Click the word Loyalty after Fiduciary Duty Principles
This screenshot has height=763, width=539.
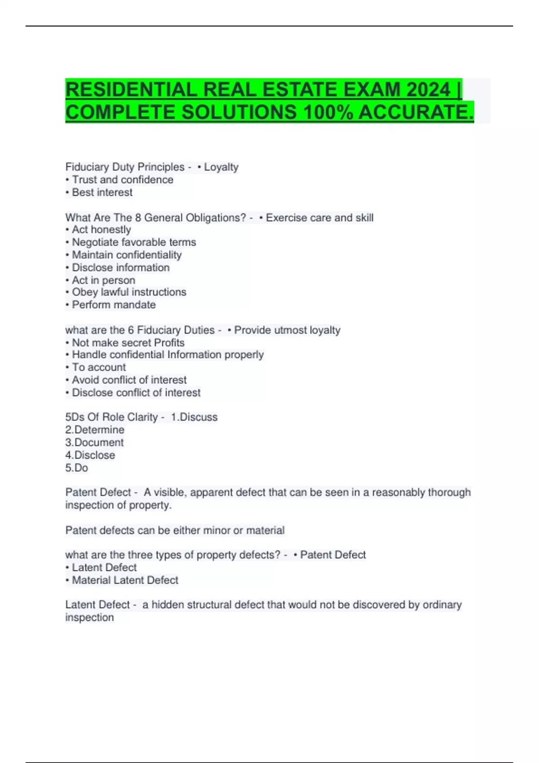coord(221,167)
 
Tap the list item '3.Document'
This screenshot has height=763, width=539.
coord(94,442)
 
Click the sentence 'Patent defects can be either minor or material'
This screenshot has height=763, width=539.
coord(175,530)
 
